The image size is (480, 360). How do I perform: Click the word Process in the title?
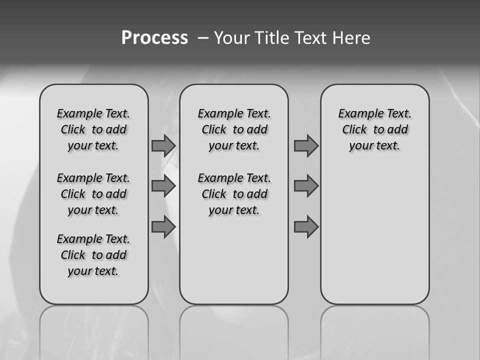pyautogui.click(x=154, y=38)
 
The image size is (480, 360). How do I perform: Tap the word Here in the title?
pyautogui.click(x=351, y=38)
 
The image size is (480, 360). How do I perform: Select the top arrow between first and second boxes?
pyautogui.click(x=163, y=145)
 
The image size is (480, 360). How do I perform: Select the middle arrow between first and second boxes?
pyautogui.click(x=163, y=186)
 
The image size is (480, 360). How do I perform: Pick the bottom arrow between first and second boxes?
pyautogui.click(x=163, y=227)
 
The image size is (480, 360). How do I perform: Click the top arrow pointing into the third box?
pyautogui.click(x=306, y=145)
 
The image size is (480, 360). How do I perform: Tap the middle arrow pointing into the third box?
pyautogui.click(x=306, y=186)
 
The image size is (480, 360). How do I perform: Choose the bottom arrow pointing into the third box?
pyautogui.click(x=306, y=227)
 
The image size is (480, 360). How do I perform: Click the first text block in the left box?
pyautogui.click(x=93, y=129)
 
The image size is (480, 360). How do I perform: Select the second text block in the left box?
pyautogui.click(x=93, y=194)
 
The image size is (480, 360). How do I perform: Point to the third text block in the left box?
pyautogui.click(x=93, y=255)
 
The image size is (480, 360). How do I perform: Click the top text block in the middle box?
pyautogui.click(x=234, y=129)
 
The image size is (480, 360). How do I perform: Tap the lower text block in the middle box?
pyautogui.click(x=234, y=194)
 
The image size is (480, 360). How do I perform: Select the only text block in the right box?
pyautogui.click(x=375, y=129)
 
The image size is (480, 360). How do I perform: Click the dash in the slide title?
pyautogui.click(x=203, y=38)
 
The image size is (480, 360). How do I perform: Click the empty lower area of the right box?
pyautogui.click(x=375, y=235)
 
